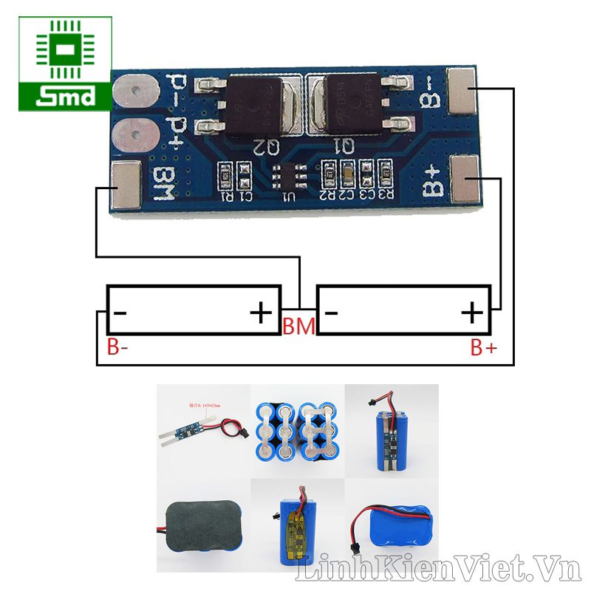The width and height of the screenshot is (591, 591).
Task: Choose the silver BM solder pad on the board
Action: [126, 185]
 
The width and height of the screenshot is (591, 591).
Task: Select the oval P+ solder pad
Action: [134, 136]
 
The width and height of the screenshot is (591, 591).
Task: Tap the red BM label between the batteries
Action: [298, 325]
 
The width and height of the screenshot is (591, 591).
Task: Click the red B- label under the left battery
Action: [120, 347]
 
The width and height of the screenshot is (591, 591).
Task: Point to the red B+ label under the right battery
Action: [484, 348]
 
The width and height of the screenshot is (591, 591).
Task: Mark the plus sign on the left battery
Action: [260, 313]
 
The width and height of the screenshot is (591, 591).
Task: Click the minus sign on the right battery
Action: [332, 313]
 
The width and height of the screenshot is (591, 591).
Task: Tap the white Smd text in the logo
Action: [66, 96]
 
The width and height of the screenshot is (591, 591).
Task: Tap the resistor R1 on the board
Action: [225, 177]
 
